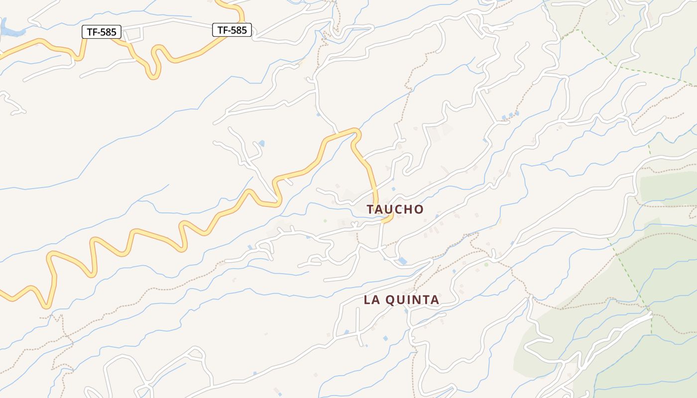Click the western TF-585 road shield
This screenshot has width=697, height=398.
pyautogui.click(x=102, y=32)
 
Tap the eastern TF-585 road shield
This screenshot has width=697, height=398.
pyautogui.click(x=232, y=30)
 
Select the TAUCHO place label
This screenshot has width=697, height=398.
pyautogui.click(x=395, y=209)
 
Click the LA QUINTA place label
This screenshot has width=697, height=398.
pyautogui.click(x=401, y=300)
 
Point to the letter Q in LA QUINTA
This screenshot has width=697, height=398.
pyautogui.click(x=392, y=300)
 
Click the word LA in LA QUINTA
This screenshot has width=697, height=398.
pyautogui.click(x=372, y=300)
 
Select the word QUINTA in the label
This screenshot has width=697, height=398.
pyautogui.click(x=413, y=300)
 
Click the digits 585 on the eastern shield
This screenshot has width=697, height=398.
pyautogui.click(x=238, y=30)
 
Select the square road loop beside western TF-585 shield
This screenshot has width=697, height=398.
pyautogui.click(x=133, y=34)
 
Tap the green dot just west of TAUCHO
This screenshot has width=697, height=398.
pyautogui.click(x=325, y=220)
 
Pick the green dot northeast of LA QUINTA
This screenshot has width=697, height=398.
pyautogui.click(x=486, y=265)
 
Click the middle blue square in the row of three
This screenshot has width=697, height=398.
pyautogui.click(x=510, y=115)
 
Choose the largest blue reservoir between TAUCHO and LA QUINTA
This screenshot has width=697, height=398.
pyautogui.click(x=402, y=261)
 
